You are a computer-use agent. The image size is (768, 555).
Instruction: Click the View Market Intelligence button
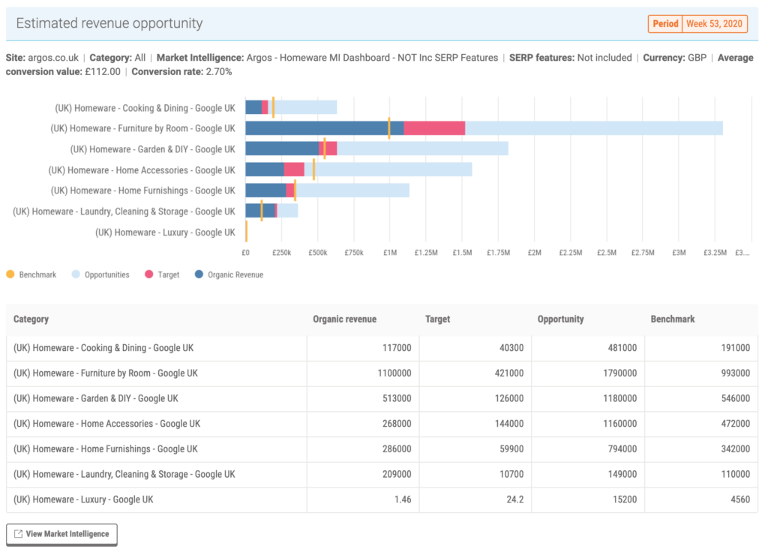(x=61, y=534)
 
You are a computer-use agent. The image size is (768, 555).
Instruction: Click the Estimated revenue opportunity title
(x=109, y=23)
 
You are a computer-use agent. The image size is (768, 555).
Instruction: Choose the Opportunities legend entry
(x=100, y=274)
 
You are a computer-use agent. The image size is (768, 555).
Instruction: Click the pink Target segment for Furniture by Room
(x=434, y=128)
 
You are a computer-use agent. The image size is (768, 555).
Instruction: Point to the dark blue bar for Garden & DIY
(x=282, y=148)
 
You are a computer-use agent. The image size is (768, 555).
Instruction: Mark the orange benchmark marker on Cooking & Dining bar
(x=273, y=107)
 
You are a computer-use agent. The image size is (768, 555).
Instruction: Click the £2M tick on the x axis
(x=534, y=253)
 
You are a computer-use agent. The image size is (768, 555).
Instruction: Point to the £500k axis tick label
(x=317, y=253)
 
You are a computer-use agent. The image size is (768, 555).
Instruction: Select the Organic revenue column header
(x=344, y=319)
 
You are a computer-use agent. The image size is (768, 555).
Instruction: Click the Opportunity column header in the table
(x=560, y=319)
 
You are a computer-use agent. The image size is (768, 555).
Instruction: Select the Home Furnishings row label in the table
(x=106, y=449)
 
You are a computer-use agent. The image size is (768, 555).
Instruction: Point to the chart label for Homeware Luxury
(x=165, y=232)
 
